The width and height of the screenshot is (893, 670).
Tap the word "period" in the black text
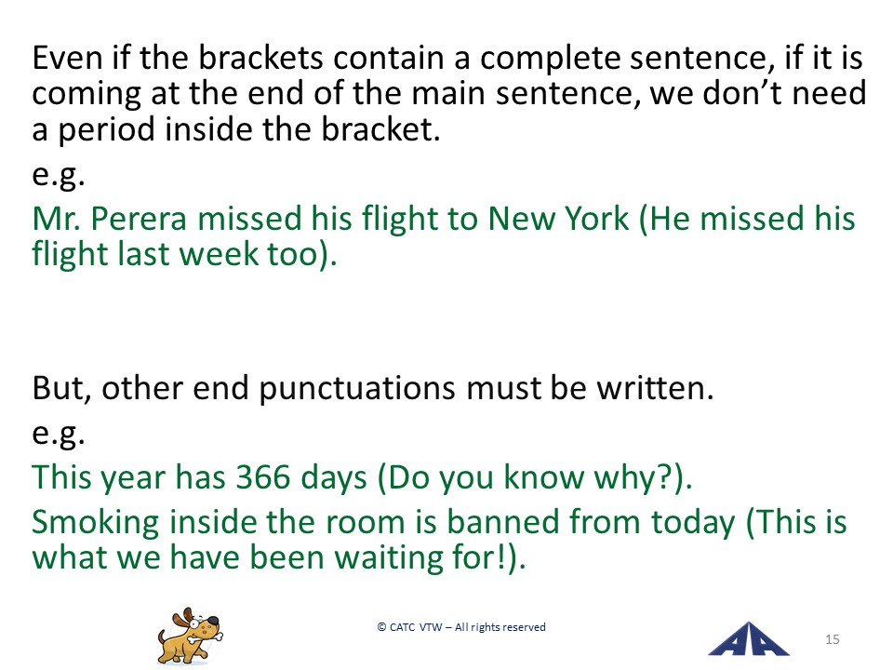(106, 130)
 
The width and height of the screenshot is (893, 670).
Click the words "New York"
(558, 218)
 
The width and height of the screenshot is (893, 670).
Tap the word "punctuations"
(357, 390)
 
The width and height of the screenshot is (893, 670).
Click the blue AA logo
(748, 639)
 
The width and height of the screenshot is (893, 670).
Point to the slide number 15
(832, 639)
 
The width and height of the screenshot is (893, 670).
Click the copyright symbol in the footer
(381, 627)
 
